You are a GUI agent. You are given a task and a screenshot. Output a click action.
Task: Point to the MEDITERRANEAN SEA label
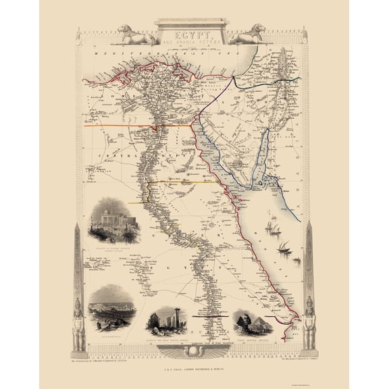[x=155, y=54]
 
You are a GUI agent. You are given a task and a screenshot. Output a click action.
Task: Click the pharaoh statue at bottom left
[x=78, y=324]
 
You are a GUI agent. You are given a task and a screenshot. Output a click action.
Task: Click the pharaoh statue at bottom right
[x=310, y=324]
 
